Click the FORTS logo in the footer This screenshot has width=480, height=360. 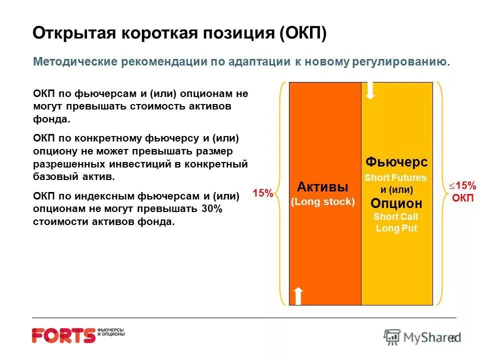63,335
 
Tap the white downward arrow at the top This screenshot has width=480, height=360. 370,90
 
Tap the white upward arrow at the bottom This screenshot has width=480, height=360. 298,296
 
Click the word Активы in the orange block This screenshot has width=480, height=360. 322,187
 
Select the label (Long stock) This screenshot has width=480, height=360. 322,201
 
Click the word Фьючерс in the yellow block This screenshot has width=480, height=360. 396,162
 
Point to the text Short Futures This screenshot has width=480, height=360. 395,177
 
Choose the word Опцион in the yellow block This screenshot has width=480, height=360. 396,203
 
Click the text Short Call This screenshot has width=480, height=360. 395,216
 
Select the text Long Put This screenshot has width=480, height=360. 396,228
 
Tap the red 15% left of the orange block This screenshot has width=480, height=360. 262,193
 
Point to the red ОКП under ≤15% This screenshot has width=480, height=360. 462,198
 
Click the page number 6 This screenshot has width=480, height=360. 453,338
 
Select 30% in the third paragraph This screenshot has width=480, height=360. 211,209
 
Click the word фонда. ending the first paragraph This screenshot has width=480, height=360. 52,119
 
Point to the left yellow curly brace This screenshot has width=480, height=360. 283,193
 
